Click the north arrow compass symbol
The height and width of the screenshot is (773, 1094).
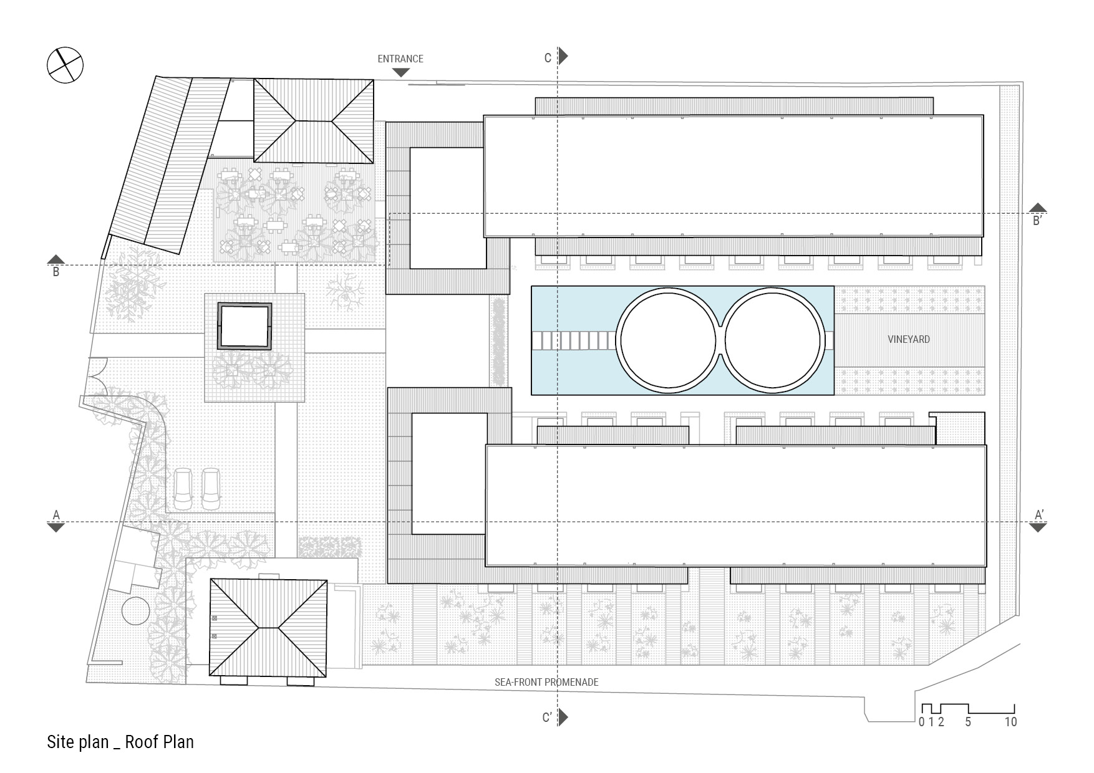tap(65, 65)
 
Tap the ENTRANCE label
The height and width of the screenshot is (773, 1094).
tap(400, 59)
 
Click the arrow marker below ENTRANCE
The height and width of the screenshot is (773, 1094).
tap(400, 72)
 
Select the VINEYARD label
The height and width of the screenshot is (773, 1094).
tap(909, 339)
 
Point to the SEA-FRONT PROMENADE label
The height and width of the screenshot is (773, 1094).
tap(546, 682)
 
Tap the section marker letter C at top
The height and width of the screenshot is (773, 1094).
tap(548, 58)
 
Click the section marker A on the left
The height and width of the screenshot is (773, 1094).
tap(56, 515)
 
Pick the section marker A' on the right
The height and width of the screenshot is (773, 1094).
tap(1039, 515)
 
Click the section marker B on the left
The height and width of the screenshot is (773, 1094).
tap(56, 272)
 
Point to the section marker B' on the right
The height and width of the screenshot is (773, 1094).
tap(1038, 221)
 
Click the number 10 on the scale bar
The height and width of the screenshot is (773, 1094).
tap(1010, 722)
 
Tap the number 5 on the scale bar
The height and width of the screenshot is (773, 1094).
tap(968, 722)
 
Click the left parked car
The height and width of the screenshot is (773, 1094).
tap(184, 489)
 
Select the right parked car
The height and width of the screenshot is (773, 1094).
tap(211, 489)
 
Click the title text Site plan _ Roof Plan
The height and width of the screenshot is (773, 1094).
tap(120, 742)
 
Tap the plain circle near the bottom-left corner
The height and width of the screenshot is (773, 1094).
tap(135, 611)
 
